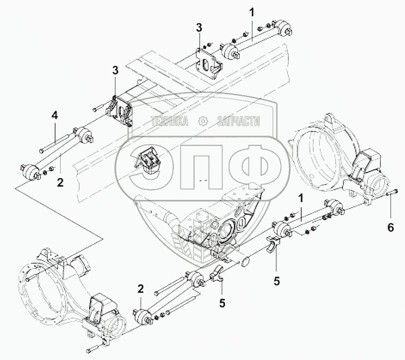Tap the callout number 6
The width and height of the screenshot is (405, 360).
[390, 228]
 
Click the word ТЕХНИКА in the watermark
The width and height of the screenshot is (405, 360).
[169, 122]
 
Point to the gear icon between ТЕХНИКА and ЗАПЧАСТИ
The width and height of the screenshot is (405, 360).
[202, 122]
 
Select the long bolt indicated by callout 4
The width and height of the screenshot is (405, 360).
[55, 143]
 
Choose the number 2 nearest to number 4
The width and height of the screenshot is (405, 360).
[60, 182]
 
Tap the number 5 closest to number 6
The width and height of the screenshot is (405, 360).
[277, 281]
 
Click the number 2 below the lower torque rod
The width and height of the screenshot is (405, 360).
[140, 289]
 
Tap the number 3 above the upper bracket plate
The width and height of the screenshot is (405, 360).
[199, 28]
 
